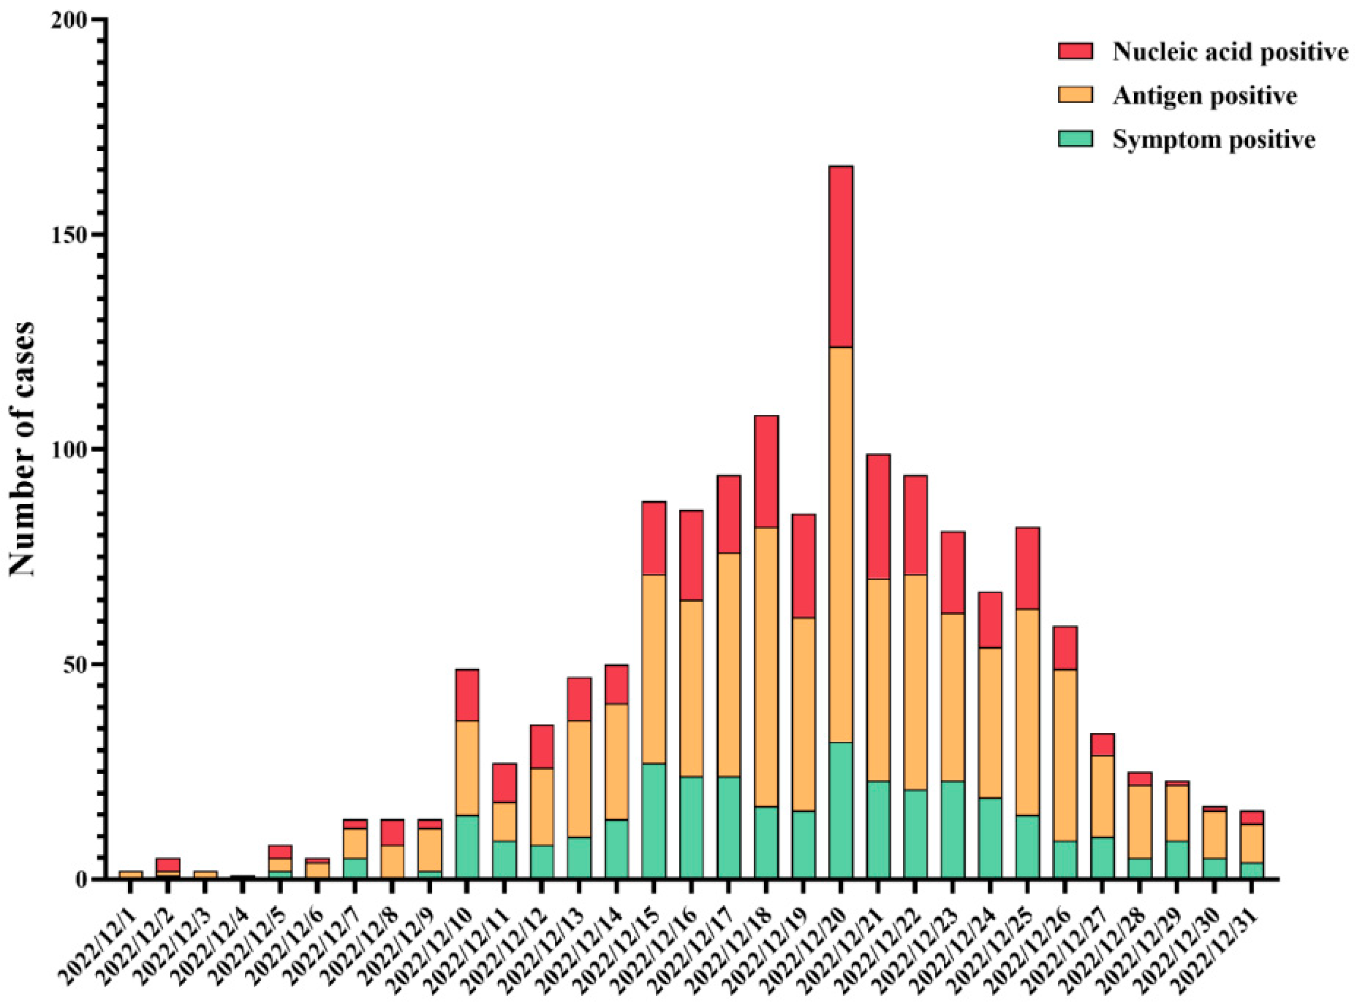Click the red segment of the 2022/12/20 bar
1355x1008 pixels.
(841, 256)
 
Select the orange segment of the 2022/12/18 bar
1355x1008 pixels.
(766, 666)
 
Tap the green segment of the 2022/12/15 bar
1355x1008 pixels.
(654, 821)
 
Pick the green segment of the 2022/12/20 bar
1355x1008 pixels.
(841, 810)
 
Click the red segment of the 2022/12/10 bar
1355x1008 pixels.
(467, 695)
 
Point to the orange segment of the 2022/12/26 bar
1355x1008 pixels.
(1064, 755)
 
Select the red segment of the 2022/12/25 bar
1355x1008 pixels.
(1027, 568)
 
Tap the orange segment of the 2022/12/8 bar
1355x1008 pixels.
(392, 861)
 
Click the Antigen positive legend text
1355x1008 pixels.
(1204, 96)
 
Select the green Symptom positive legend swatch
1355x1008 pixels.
(1075, 139)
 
